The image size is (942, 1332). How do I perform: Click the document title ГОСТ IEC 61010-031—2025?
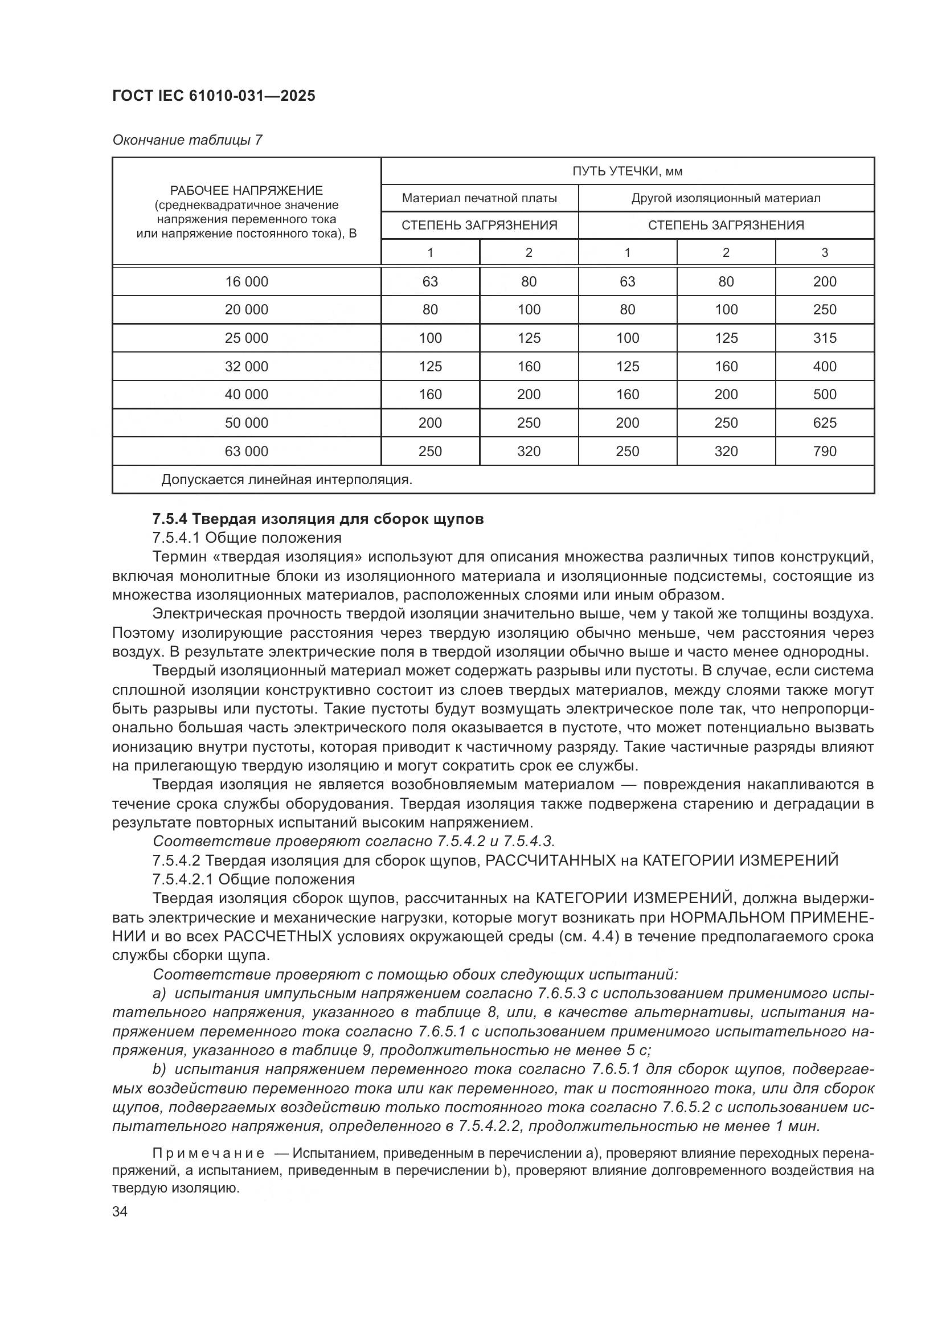[214, 96]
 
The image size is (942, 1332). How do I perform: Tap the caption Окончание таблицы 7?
[187, 140]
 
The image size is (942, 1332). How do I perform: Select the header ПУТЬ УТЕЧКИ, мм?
[627, 171]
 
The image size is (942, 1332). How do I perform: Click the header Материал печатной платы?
[479, 198]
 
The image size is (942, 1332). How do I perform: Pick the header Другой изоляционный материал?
[726, 198]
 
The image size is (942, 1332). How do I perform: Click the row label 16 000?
[247, 282]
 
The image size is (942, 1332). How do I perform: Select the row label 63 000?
[247, 452]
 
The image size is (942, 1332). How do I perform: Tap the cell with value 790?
[824, 452]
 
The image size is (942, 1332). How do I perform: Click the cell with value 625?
[824, 423]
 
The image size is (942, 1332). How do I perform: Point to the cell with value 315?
[824, 338]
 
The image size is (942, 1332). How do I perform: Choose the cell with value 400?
[824, 367]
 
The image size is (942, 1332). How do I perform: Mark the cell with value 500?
[824, 395]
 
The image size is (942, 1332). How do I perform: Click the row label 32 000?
[247, 367]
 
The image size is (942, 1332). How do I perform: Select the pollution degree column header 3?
[824, 253]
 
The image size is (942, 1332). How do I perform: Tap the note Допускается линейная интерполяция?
[286, 479]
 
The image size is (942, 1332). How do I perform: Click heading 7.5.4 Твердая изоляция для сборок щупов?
[318, 519]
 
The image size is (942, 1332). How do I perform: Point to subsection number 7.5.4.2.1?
[182, 879]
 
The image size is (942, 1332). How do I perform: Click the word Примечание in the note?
[208, 1153]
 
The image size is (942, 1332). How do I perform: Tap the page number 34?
[120, 1211]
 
